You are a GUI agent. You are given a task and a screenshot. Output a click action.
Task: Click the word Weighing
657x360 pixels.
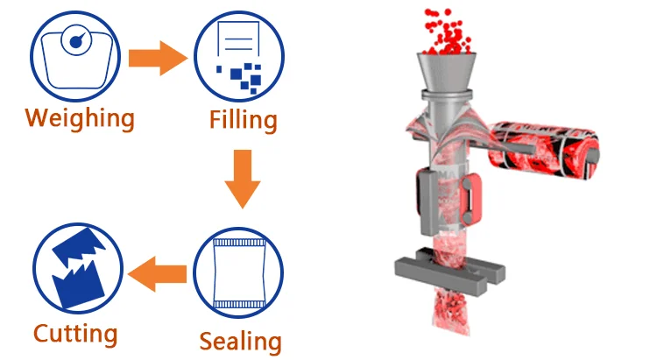tap(80, 118)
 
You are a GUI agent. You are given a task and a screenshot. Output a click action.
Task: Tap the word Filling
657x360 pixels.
tap(243, 121)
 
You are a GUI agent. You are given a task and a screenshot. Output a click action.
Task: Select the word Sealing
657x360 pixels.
tap(241, 341)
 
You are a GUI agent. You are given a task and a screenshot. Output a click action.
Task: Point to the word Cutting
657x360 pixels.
tap(75, 334)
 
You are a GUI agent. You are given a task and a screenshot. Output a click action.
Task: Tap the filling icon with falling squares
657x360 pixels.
tap(239, 57)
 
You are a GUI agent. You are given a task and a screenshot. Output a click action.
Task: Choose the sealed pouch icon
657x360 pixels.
tap(238, 272)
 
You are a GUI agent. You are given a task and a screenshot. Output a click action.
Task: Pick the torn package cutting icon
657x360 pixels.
tap(78, 268)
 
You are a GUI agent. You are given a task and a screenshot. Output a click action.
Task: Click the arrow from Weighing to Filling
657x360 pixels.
tap(158, 59)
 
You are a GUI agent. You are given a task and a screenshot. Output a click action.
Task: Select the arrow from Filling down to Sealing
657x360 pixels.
tap(243, 179)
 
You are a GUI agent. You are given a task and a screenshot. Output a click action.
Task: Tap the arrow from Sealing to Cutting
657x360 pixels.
tap(157, 273)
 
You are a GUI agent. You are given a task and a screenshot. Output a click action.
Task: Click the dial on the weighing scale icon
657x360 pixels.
tap(76, 40)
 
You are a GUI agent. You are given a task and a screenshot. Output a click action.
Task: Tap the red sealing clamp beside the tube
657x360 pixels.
tap(471, 199)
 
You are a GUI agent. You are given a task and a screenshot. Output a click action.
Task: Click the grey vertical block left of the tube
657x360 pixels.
tap(427, 201)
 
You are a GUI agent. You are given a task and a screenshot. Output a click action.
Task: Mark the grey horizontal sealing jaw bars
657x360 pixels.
tap(450, 271)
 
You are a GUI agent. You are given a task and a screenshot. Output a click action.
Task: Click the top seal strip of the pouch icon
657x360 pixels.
tap(239, 243)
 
